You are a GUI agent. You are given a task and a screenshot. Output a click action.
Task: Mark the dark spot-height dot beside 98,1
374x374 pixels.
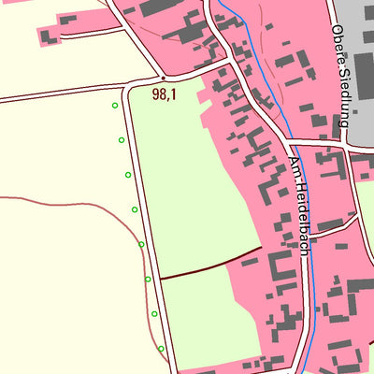[x=164, y=78]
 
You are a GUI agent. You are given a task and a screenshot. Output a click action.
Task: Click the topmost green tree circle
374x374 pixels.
[x=115, y=106]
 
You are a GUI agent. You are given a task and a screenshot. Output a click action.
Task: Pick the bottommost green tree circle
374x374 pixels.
[x=161, y=349]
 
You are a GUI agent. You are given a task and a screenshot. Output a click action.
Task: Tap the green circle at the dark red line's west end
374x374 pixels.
[x=148, y=279]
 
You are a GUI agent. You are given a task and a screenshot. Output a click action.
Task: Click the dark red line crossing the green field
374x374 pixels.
[x=210, y=264]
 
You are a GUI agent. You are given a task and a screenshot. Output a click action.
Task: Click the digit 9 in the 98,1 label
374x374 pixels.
[x=156, y=93]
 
